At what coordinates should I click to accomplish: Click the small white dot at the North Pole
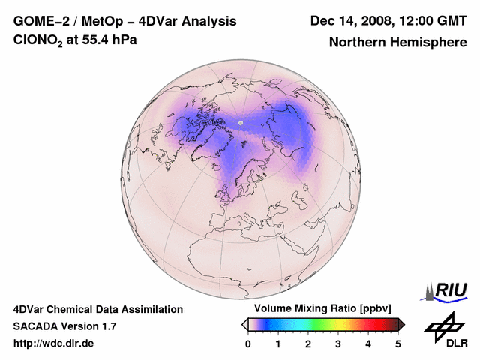point(241,122)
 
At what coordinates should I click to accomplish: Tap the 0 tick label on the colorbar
point(248,343)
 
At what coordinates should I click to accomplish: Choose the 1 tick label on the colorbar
point(278,343)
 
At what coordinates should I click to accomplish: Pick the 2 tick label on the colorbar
point(308,343)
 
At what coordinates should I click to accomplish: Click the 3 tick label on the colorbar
point(338,343)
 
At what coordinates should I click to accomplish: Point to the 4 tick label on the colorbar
point(368,343)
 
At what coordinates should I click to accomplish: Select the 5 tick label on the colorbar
point(398,343)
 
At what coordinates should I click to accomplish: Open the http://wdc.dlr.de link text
point(54,343)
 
